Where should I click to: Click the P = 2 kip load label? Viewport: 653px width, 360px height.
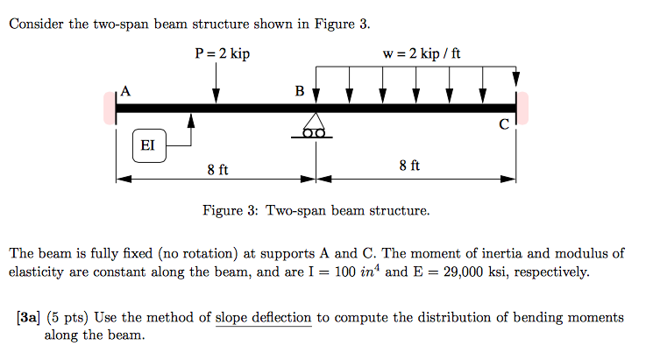tap(223, 54)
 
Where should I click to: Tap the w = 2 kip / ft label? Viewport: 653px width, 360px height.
tap(422, 54)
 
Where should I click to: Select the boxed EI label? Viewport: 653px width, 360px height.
tap(147, 145)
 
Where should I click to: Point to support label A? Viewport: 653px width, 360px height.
tap(126, 90)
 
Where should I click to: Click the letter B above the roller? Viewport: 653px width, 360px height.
tap(300, 90)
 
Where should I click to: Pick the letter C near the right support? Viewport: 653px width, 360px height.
tap(504, 124)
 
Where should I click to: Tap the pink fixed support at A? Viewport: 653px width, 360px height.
tap(110, 107)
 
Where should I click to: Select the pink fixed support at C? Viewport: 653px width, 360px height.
tap(522, 107)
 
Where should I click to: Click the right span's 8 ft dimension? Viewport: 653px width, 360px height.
tap(409, 165)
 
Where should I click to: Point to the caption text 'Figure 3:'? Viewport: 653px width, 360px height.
tap(230, 211)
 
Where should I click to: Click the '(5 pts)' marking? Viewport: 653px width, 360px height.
tap(66, 317)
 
